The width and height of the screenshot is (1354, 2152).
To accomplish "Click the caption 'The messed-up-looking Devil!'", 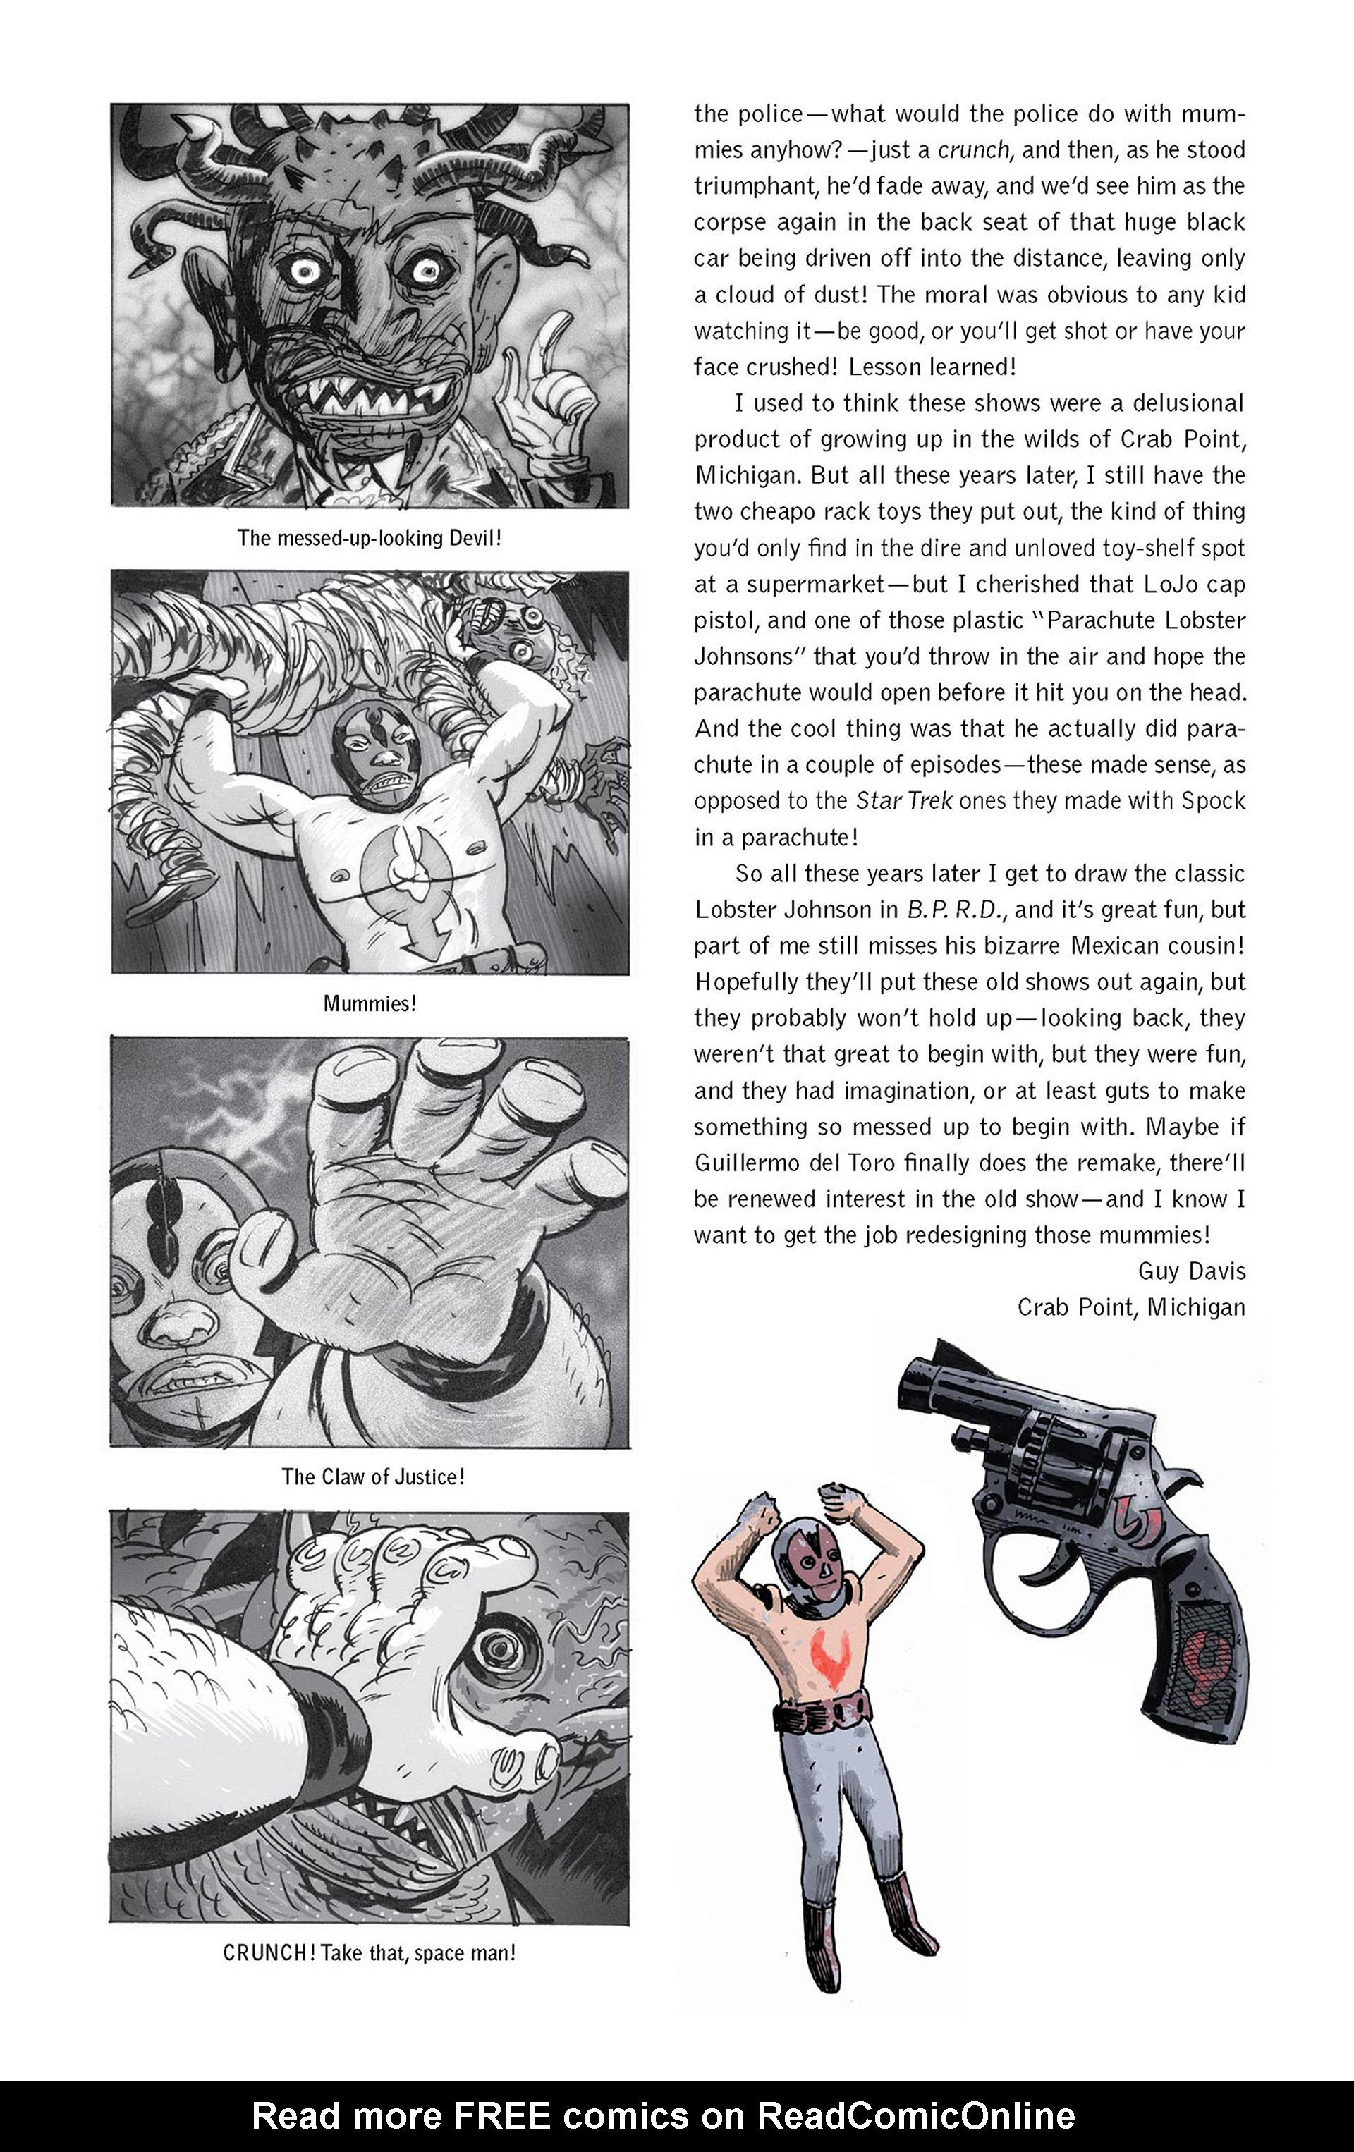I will tap(369, 538).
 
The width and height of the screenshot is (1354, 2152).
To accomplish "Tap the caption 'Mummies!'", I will tap(369, 1003).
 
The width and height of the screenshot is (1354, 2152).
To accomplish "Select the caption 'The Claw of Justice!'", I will tap(372, 1477).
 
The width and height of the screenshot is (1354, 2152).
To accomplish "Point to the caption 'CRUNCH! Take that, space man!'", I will tap(369, 1952).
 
